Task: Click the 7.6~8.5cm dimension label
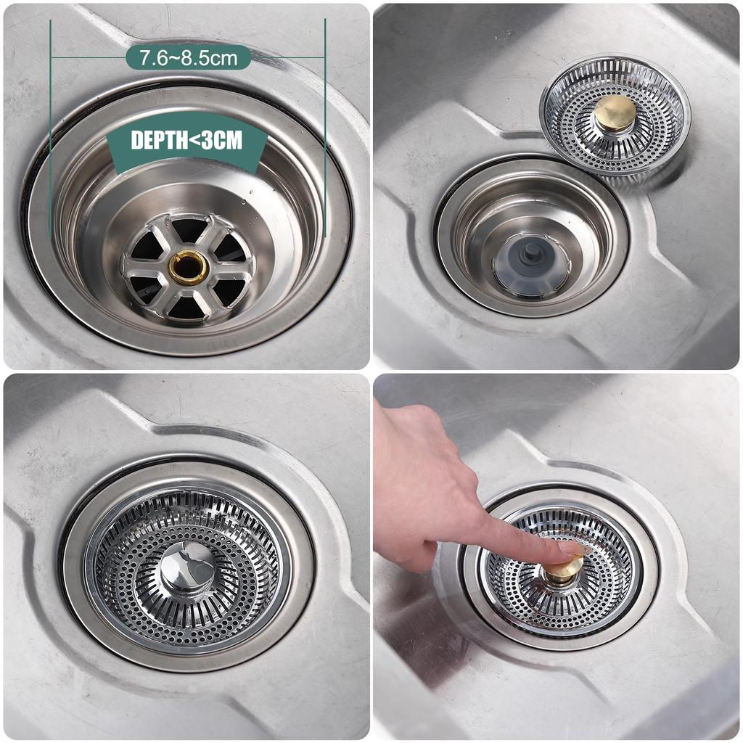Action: tap(188, 57)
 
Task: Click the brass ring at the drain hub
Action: tap(189, 267)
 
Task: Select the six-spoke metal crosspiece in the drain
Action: tap(189, 267)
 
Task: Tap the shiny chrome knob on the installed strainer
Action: tap(188, 568)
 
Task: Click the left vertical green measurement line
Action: tap(50, 128)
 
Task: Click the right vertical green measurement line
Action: tap(325, 128)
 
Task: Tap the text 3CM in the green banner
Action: tap(222, 140)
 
